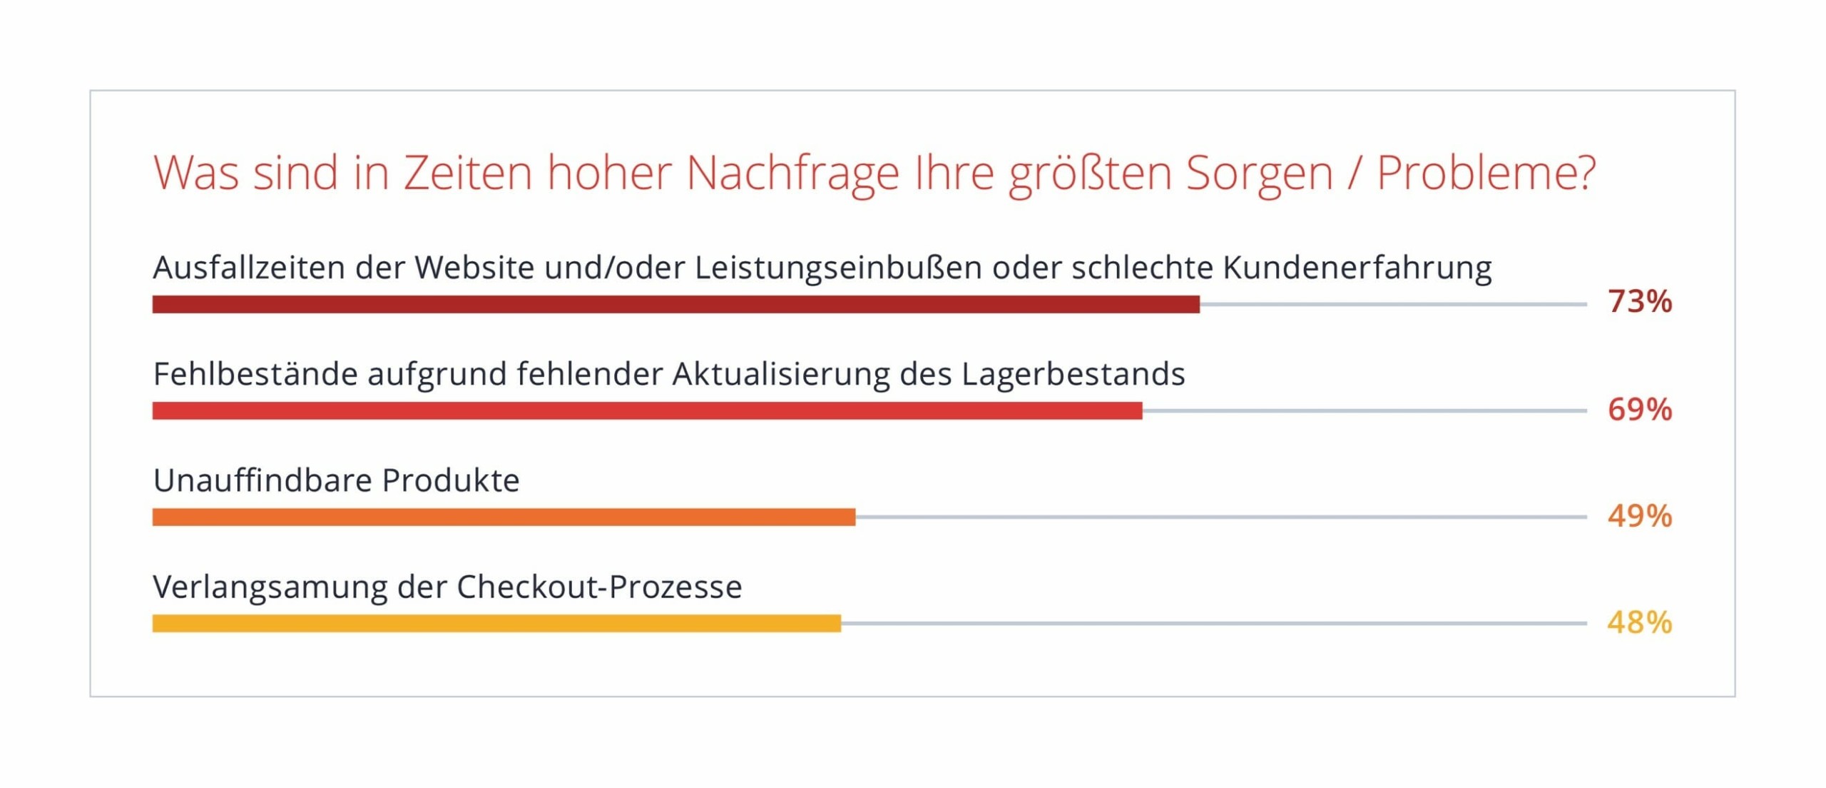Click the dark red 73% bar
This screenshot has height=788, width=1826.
[x=675, y=305]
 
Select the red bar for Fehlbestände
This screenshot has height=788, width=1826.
[x=647, y=411]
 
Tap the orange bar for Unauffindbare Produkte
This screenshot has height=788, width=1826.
[x=504, y=517]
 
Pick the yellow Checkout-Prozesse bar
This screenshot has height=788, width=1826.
[x=496, y=624]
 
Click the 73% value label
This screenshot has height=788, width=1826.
[x=1639, y=302]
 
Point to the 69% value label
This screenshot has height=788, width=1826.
[x=1639, y=410]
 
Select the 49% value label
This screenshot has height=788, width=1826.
[x=1639, y=516]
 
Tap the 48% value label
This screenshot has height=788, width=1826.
[x=1639, y=622]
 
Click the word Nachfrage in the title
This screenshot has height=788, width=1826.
[x=792, y=173]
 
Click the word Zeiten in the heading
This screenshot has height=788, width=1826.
[x=468, y=173]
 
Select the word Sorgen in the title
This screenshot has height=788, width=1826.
[x=1259, y=173]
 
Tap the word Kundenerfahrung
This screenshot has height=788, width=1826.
[x=1357, y=268]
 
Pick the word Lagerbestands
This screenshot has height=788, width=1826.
[x=1073, y=375]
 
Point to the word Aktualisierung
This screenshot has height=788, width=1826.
[x=780, y=375]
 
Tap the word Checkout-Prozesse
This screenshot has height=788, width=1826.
[x=599, y=587]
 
